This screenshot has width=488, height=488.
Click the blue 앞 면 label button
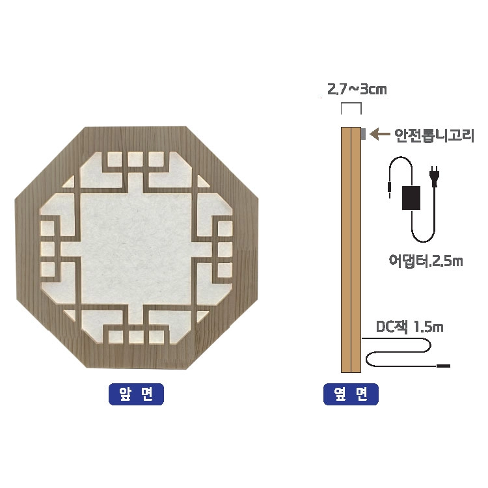coord(136,394)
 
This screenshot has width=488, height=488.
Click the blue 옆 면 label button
coord(351,394)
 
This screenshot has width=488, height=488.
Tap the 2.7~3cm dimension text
coord(357,89)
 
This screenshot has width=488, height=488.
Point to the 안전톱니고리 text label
coord(434,135)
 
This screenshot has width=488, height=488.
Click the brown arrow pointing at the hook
coord(380,134)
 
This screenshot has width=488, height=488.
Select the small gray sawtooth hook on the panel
coord(363,133)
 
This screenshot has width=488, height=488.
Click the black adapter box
coord(411,198)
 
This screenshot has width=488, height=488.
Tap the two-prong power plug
coord(434,176)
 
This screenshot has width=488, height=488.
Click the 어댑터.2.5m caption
coord(426,260)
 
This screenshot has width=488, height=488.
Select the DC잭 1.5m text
coord(409,327)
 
